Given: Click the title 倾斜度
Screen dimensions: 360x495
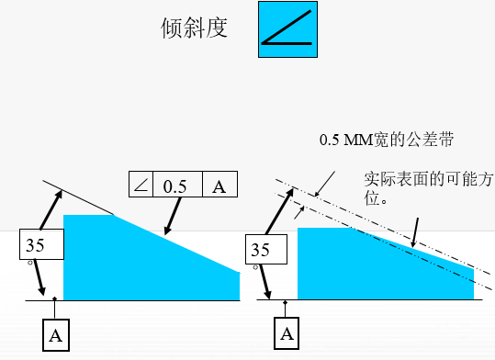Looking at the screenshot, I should (194, 28).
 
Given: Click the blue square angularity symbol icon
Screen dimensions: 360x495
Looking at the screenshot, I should (287, 30).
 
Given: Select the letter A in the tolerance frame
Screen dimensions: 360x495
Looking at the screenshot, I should (219, 186).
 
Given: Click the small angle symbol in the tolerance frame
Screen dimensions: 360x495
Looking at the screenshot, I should (141, 186).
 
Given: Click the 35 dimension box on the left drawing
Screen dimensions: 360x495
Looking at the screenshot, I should (42, 246).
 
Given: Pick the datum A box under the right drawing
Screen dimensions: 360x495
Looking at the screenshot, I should (288, 332).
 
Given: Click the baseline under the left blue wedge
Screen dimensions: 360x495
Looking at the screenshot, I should (138, 300).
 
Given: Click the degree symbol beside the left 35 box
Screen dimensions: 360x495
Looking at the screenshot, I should (30, 262).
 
